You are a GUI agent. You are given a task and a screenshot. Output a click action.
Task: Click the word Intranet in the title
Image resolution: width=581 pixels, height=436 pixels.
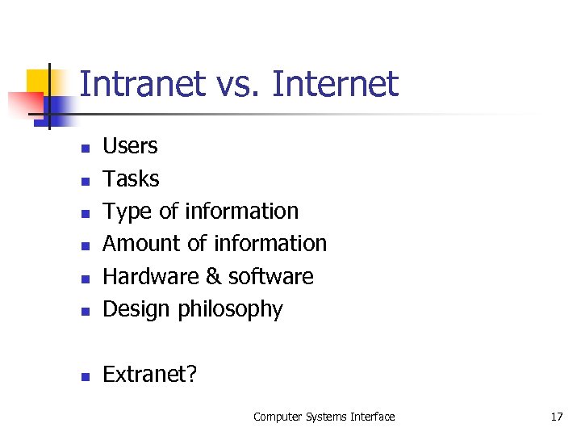[142, 84]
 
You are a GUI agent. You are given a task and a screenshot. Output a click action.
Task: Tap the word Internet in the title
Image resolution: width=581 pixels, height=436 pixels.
[336, 84]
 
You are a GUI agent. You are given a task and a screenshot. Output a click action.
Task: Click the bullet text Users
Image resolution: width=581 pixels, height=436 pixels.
[130, 146]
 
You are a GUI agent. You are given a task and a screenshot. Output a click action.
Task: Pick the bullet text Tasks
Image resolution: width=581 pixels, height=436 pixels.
[131, 178]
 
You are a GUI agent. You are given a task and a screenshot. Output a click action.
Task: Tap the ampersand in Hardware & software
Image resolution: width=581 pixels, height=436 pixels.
[213, 277]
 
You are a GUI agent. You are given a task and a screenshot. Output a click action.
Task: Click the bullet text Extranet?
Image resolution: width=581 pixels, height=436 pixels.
[149, 375]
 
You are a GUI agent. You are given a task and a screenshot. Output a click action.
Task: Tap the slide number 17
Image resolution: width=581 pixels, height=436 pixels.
[556, 417]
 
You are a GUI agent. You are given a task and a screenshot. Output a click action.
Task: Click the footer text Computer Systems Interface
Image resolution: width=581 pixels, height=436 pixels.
[324, 417]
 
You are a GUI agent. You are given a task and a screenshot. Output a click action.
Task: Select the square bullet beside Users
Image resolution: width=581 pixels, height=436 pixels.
[84, 148]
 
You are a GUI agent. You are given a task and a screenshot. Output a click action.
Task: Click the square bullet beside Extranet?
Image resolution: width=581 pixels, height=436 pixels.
[84, 376]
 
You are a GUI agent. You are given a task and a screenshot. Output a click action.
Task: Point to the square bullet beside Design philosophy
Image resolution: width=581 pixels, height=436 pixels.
[84, 311]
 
